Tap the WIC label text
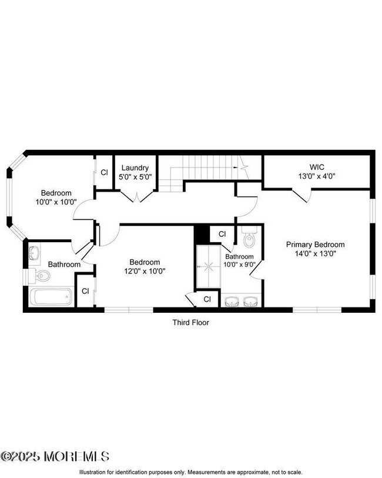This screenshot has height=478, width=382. [x=317, y=167]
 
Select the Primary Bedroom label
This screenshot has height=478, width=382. [x=315, y=245]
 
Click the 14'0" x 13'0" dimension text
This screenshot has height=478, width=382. [x=315, y=254]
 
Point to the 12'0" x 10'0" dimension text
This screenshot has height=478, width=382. [x=145, y=272]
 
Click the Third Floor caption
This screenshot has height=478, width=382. [x=190, y=322]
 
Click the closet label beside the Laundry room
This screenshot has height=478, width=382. [x=104, y=172]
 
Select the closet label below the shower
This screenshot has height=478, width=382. [x=207, y=299]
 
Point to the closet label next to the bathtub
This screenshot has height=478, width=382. [x=85, y=290]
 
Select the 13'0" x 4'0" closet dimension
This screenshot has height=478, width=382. [x=317, y=176]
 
